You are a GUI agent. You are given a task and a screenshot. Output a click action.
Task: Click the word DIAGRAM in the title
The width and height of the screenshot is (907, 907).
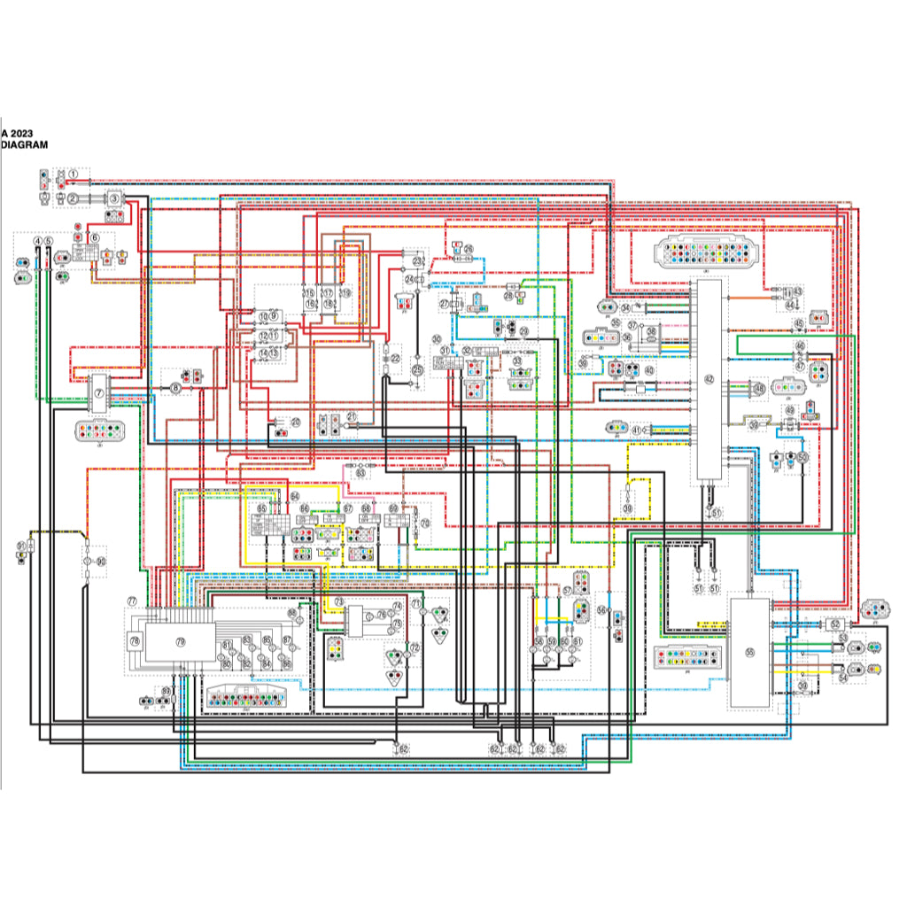(25, 143)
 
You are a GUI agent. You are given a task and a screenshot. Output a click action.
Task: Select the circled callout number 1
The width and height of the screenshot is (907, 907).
(74, 174)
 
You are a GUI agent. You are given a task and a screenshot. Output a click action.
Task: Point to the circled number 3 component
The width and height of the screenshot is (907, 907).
(114, 199)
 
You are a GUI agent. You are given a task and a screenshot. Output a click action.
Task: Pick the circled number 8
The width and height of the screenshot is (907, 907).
(175, 388)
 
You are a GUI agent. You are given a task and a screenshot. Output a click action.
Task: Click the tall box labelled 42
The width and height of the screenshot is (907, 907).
(709, 379)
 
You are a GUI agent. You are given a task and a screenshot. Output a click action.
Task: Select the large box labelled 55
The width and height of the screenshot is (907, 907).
(749, 652)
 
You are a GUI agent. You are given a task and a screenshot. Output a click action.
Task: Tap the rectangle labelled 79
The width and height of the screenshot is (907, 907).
(180, 641)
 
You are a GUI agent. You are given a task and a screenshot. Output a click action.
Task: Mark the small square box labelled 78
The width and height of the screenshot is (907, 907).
(135, 640)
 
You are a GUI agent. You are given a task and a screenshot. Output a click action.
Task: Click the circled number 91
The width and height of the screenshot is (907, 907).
(21, 546)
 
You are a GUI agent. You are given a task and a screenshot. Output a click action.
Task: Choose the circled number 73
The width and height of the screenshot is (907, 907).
(338, 601)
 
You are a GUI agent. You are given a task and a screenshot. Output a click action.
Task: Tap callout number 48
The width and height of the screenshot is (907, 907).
(759, 388)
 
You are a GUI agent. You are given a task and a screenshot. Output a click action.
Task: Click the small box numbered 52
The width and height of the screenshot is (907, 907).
(835, 624)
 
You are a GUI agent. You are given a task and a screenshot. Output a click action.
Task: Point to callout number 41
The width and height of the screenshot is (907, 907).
(636, 430)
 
